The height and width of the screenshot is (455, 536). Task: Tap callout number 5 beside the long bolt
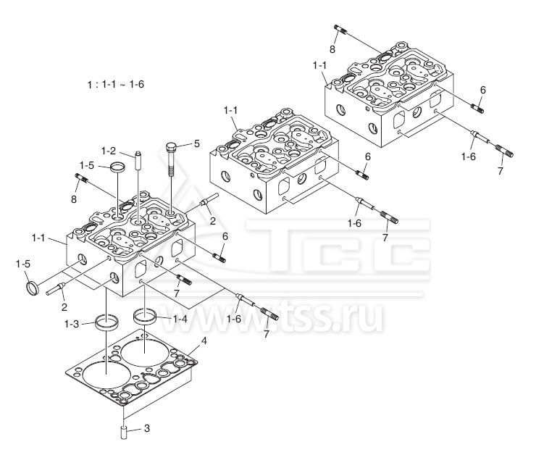click(196, 143)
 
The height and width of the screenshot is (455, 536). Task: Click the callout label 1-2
click(109, 151)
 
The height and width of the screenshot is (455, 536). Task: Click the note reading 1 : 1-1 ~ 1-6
click(115, 84)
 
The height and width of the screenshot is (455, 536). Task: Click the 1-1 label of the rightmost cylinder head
click(320, 66)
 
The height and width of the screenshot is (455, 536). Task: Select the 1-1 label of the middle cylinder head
click(231, 109)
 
